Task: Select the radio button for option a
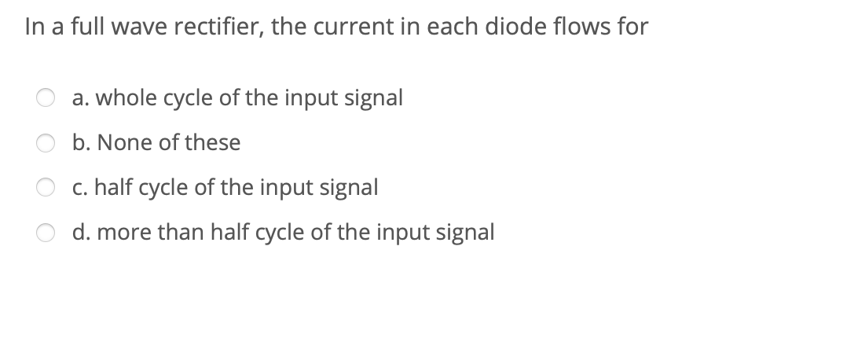point(44,99)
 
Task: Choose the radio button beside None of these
point(44,144)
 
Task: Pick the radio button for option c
point(44,189)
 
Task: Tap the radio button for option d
point(44,233)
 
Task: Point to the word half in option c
point(106,188)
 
